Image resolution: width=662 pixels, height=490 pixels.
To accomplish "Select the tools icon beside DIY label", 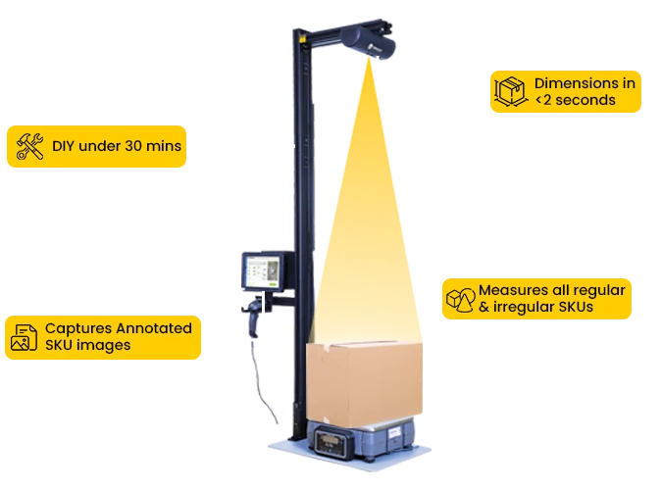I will click(29, 147).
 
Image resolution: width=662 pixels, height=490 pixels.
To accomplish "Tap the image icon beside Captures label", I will click(23, 336).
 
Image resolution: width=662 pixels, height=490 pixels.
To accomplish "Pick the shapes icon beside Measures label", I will click(458, 299).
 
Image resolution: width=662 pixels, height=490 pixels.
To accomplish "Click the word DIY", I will click(62, 147).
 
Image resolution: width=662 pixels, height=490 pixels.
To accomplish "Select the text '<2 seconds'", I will click(575, 100).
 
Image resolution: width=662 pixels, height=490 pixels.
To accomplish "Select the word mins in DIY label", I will click(165, 147).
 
